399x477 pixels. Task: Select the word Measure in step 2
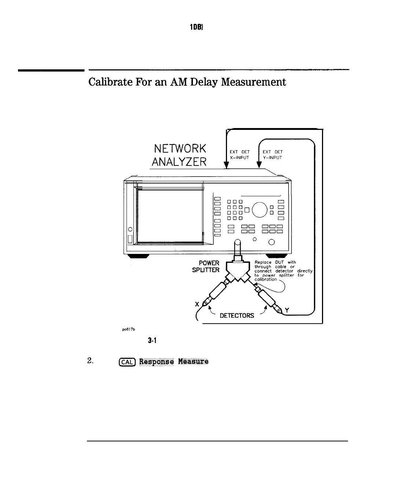click(x=193, y=361)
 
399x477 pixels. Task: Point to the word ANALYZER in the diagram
click(x=179, y=162)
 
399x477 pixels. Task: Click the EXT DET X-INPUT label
click(x=239, y=154)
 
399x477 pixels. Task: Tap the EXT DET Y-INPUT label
click(x=272, y=154)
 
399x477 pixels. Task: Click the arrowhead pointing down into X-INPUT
click(x=226, y=165)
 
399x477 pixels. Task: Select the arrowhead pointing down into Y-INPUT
click(x=259, y=165)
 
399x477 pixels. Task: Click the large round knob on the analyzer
click(x=260, y=209)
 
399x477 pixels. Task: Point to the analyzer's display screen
click(x=170, y=215)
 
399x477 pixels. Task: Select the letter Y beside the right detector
click(x=288, y=310)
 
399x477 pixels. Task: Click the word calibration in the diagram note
click(x=266, y=279)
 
